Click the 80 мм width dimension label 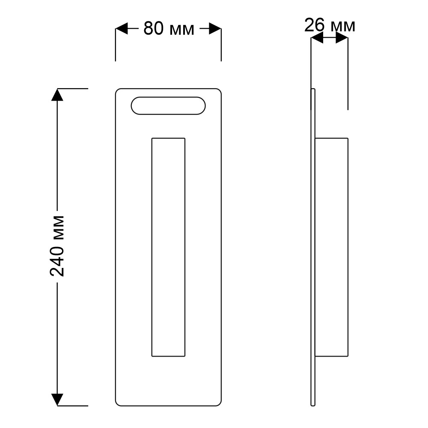coord(169,29)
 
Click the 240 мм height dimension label coord(57,246)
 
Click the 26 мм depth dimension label coord(330,25)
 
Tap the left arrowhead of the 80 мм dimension coord(122,28)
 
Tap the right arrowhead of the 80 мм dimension coord(215,28)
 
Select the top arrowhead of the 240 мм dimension coord(57,95)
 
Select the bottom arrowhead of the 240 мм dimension coord(57,400)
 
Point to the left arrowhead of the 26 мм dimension coord(317,37)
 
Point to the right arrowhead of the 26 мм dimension coord(342,37)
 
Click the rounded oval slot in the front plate coord(168,97)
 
